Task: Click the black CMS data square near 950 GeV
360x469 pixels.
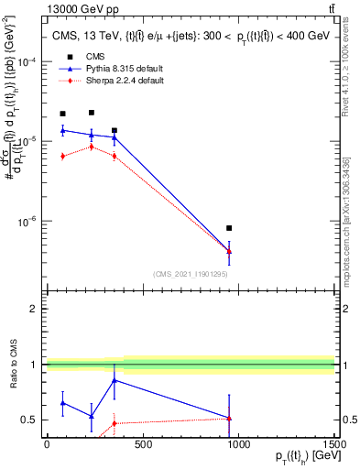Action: point(229,228)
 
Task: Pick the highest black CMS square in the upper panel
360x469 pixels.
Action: point(91,113)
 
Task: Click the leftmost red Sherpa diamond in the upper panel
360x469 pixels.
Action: point(62,156)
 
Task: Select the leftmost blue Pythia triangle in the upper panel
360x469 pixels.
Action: point(62,130)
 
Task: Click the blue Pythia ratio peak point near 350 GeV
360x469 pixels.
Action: point(114,380)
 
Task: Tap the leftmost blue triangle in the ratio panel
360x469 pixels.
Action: point(62,402)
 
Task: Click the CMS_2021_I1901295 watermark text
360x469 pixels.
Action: point(191,274)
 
